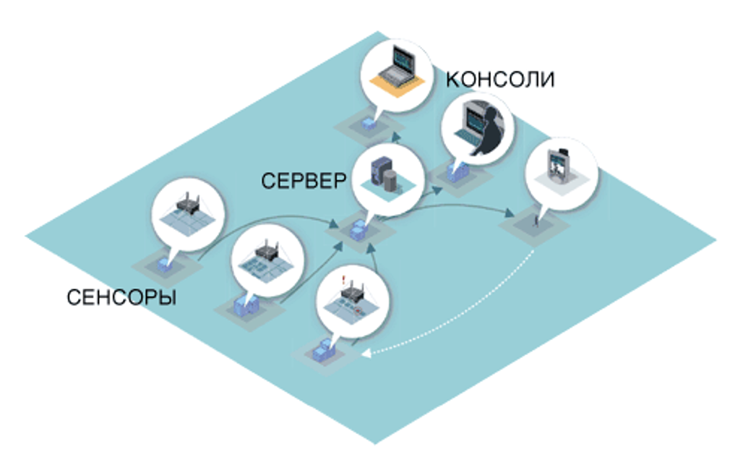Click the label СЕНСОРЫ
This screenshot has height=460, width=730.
122,297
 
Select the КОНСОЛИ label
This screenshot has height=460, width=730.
500,79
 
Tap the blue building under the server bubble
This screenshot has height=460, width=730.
358,232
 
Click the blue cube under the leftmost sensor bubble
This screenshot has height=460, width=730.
165,265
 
